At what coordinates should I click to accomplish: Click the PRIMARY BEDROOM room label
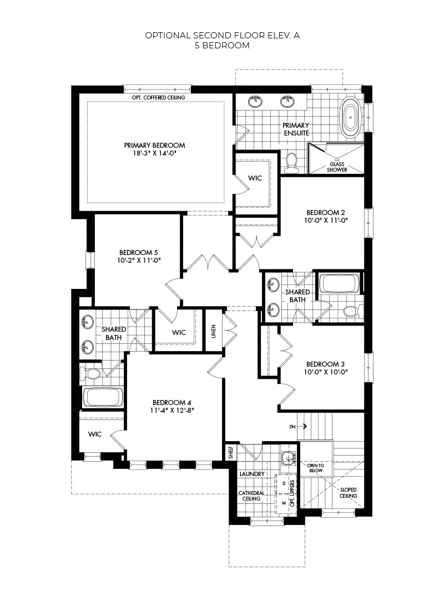(x=154, y=145)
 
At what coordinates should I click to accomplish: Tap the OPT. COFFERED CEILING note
(x=155, y=98)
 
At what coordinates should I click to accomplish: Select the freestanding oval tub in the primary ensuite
(x=351, y=117)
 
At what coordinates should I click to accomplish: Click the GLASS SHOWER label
(x=338, y=167)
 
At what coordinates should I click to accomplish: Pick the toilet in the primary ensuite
(x=291, y=161)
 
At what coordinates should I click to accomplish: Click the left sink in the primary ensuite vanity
(x=256, y=101)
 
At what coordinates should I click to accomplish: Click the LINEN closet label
(x=213, y=331)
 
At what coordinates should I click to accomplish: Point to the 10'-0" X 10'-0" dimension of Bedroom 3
(x=326, y=372)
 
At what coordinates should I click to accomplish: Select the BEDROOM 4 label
(x=173, y=402)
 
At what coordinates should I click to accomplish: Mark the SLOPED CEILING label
(x=349, y=493)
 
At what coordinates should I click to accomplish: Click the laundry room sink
(x=287, y=458)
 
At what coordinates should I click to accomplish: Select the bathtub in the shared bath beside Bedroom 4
(x=102, y=397)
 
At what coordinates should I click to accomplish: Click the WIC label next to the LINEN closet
(x=179, y=332)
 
